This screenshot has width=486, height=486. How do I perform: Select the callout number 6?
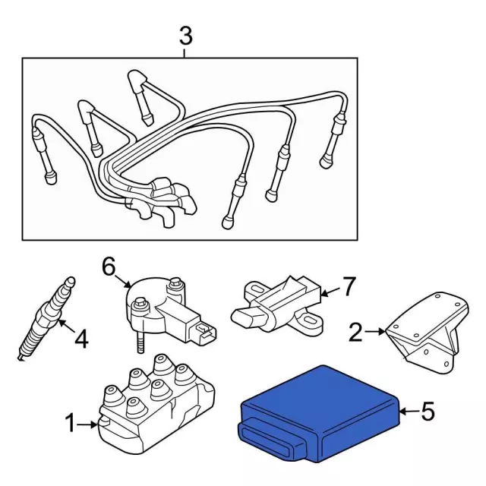click(108, 266)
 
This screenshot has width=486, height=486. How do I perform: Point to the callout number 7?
click(348, 286)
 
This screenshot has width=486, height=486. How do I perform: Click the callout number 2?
click(355, 331)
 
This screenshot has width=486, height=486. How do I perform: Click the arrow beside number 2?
click(376, 330)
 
